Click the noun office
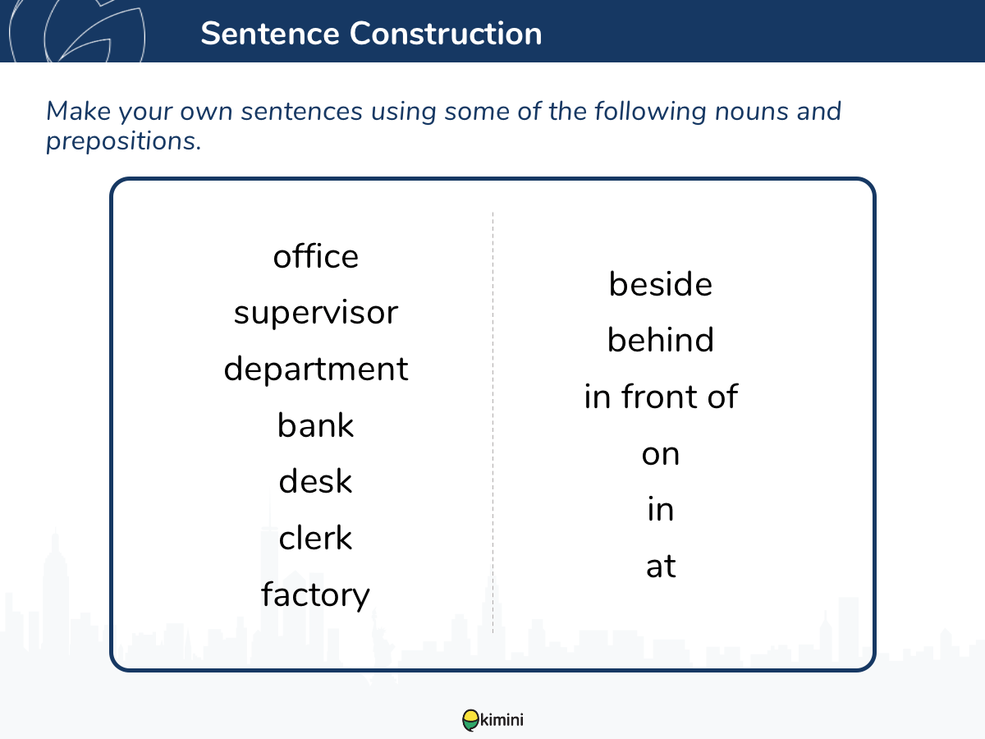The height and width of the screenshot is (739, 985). pyautogui.click(x=316, y=256)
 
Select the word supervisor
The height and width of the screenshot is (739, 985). pyautogui.click(x=316, y=314)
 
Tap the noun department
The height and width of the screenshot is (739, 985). pyautogui.click(x=316, y=369)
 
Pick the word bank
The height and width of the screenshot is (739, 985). pyautogui.click(x=315, y=425)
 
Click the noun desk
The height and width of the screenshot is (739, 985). pyautogui.click(x=315, y=480)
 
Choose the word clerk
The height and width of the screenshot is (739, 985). pyautogui.click(x=315, y=537)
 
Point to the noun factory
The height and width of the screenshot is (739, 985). pyautogui.click(x=315, y=594)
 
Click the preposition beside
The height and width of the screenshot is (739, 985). pyautogui.click(x=661, y=284)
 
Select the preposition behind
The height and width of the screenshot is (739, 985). pyautogui.click(x=661, y=340)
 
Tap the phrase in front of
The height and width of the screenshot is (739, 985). pyautogui.click(x=661, y=397)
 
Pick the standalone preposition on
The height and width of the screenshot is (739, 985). pyautogui.click(x=661, y=455)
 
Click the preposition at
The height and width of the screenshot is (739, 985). pyautogui.click(x=661, y=567)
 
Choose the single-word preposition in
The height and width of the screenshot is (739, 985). pyautogui.click(x=661, y=509)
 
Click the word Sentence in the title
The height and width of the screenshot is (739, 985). pyautogui.click(x=270, y=34)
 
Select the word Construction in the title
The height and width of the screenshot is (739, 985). pyautogui.click(x=446, y=34)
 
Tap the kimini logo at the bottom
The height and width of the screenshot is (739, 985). pyautogui.click(x=492, y=720)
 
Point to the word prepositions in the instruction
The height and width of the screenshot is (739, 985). pyautogui.click(x=123, y=142)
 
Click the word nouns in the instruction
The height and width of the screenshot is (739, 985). pyautogui.click(x=752, y=112)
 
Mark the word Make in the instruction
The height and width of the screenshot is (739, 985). pyautogui.click(x=79, y=111)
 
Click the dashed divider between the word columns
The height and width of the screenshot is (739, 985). pyautogui.click(x=492, y=423)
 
